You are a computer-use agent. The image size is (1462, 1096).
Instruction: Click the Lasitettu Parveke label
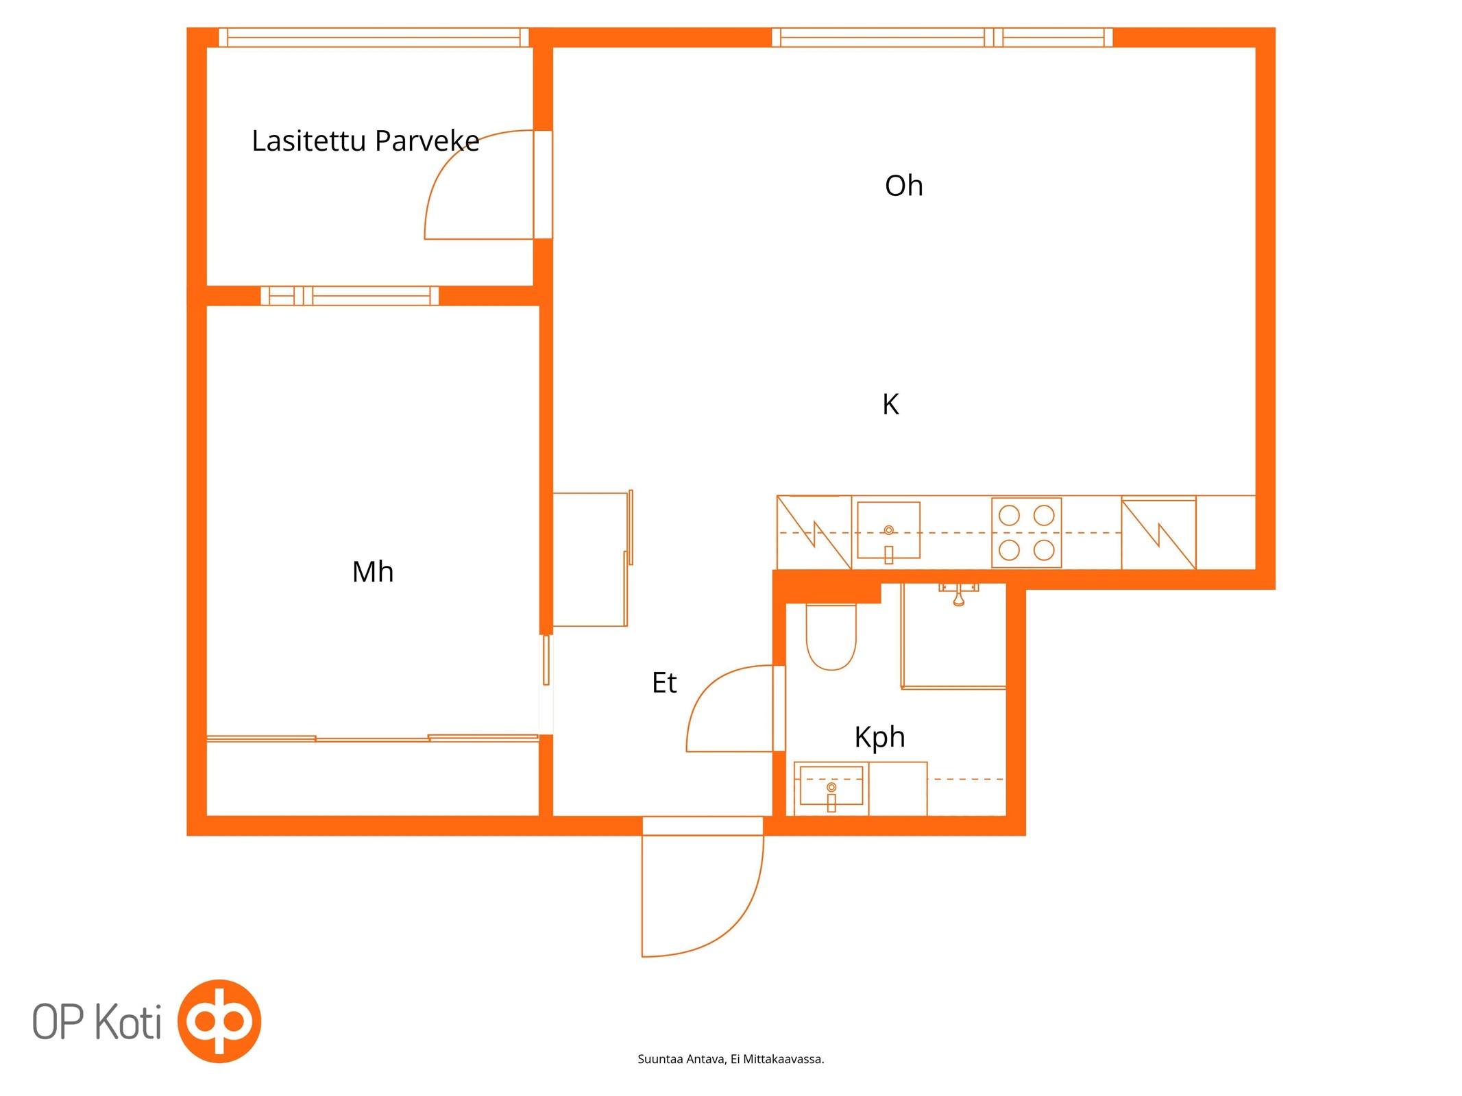(365, 141)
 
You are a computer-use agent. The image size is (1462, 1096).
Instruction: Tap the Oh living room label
(903, 186)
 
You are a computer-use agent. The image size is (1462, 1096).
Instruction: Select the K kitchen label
(890, 404)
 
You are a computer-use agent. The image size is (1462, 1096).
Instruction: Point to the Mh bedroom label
(372, 571)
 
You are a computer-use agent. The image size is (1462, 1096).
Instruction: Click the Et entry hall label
(664, 682)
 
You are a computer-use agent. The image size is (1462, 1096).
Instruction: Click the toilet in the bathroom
(831, 636)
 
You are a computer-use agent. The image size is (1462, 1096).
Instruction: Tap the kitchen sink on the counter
(888, 531)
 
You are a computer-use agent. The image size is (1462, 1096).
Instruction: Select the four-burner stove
(1026, 532)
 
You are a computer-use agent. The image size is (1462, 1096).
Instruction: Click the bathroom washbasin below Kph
(831, 787)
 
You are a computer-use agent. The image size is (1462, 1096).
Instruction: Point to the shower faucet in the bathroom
(958, 594)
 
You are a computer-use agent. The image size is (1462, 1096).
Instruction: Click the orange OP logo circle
(219, 1021)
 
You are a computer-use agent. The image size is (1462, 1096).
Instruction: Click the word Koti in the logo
(127, 1022)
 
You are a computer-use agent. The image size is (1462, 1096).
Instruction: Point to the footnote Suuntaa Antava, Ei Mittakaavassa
(731, 1059)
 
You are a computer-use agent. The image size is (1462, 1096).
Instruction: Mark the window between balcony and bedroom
(350, 296)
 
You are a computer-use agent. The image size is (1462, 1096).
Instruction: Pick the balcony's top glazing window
(374, 37)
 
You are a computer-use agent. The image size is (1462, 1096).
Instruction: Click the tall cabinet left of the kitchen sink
(814, 532)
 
